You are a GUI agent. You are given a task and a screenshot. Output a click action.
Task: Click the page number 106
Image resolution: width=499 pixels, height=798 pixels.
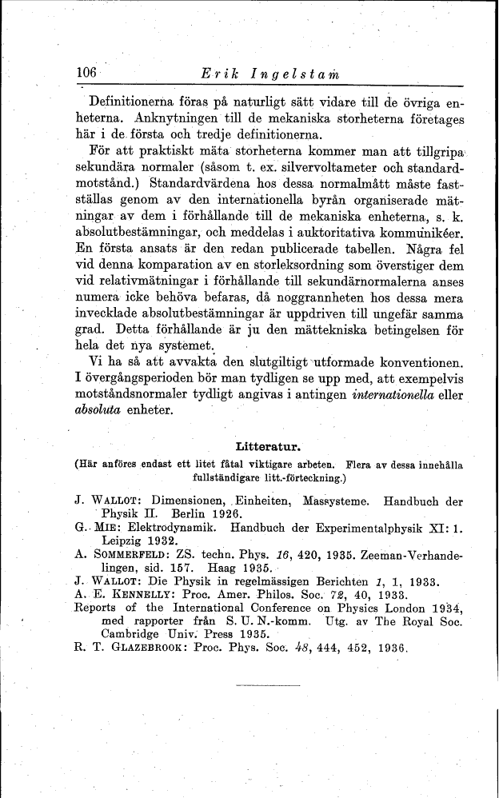(86, 72)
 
